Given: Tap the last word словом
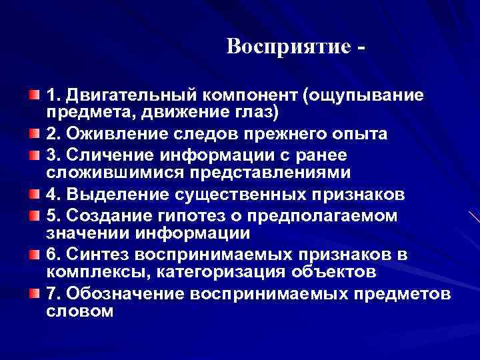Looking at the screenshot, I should (81, 311).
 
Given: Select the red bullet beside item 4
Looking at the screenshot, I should (33, 196).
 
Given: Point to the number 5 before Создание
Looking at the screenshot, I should (52, 217).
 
